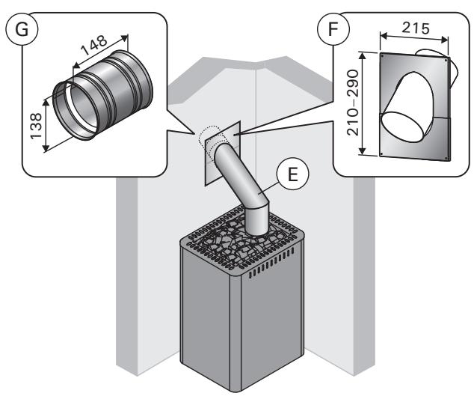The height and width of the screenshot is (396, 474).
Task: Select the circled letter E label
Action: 293,174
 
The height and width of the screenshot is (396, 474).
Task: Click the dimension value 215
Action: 415,28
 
